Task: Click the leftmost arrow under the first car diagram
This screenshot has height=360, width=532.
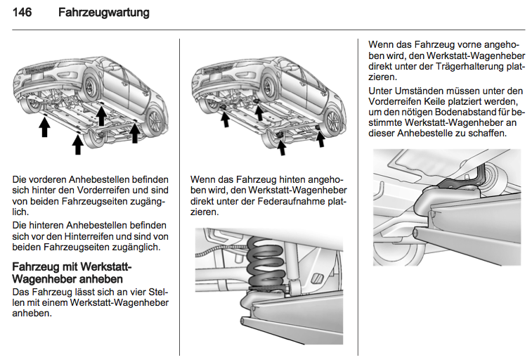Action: click(x=44, y=127)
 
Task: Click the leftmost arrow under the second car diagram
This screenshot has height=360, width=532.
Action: click(x=226, y=119)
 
